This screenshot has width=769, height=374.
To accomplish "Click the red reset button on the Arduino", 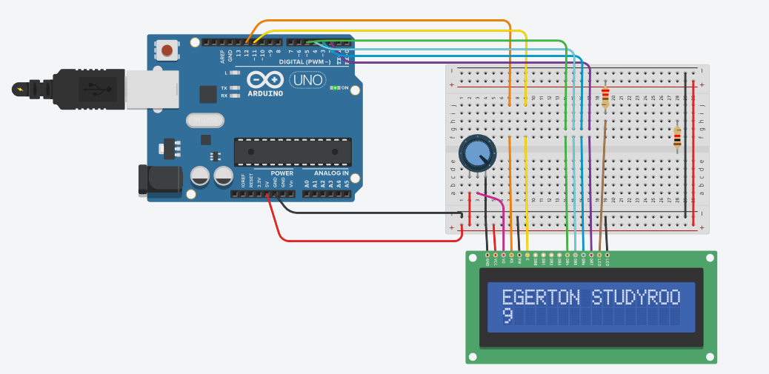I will pos(167,50).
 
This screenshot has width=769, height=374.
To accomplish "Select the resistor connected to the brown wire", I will pos(606,97).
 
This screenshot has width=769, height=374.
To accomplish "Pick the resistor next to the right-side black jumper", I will pos(676,137).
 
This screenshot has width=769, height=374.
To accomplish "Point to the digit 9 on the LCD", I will pos(507,316).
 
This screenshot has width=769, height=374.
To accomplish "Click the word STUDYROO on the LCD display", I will pos(636,298).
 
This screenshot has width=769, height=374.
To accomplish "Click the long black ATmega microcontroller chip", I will pos(292,151).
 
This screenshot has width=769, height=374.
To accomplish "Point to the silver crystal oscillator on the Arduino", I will pos(204,119).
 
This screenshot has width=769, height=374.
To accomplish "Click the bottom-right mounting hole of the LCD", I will pos(710,357).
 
